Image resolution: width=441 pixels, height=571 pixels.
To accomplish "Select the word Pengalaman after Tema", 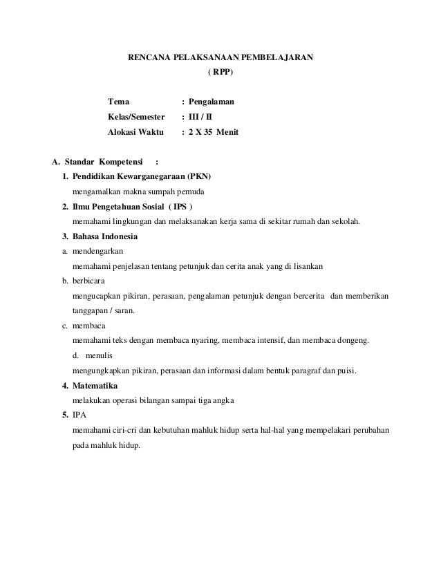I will coord(212,102).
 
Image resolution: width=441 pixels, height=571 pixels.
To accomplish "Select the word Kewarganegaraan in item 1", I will coord(153,176).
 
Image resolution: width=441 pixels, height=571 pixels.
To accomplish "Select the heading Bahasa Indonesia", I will coord(104,236).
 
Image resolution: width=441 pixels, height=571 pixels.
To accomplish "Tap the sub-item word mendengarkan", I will coord(99,251).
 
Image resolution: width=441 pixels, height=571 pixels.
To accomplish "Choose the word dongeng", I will coord(355,341).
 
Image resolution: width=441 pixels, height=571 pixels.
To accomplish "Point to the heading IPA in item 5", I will coord(79,415).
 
